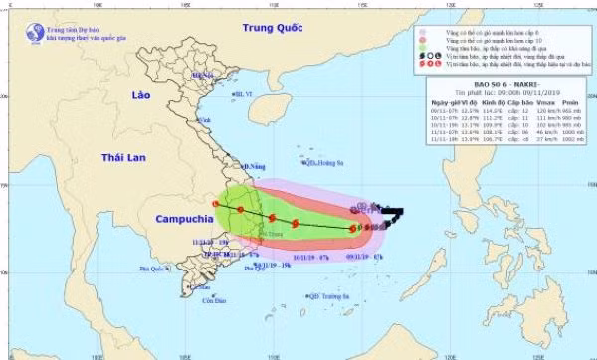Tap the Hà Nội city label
[203, 75]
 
